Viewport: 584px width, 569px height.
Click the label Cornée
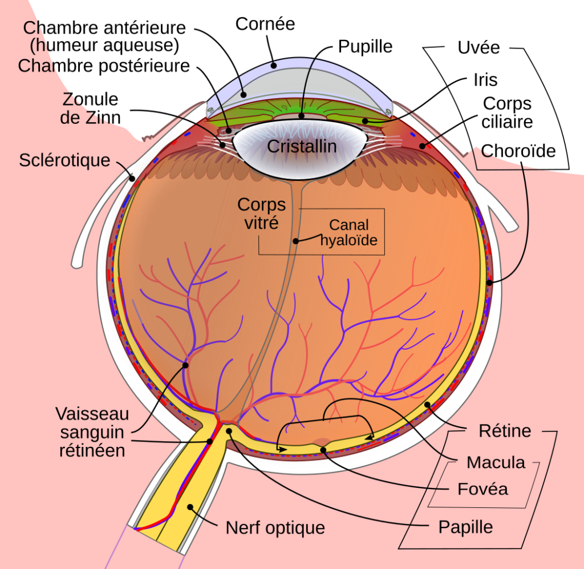(265, 24)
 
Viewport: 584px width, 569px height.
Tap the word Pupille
(365, 47)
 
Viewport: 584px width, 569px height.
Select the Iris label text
(485, 80)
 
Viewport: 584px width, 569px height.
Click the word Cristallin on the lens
(302, 146)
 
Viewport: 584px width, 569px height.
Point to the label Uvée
(478, 48)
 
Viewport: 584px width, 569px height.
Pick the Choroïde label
(518, 151)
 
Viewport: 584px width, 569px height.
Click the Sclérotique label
(64, 160)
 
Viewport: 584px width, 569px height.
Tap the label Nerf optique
(275, 528)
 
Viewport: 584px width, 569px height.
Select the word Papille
(465, 527)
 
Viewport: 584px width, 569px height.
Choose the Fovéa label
(482, 489)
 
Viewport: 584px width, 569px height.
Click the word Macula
(496, 462)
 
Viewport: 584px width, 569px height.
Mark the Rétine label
(505, 431)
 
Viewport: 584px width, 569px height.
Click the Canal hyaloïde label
(349, 232)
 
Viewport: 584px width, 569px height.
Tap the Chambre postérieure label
(104, 66)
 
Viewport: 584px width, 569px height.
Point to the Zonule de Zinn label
(90, 108)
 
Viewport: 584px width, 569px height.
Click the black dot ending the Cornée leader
(274, 66)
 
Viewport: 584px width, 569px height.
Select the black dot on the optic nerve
(190, 507)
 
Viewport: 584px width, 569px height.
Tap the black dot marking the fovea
(323, 450)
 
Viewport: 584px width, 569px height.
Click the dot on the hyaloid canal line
(296, 241)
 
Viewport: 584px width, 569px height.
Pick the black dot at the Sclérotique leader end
(132, 179)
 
